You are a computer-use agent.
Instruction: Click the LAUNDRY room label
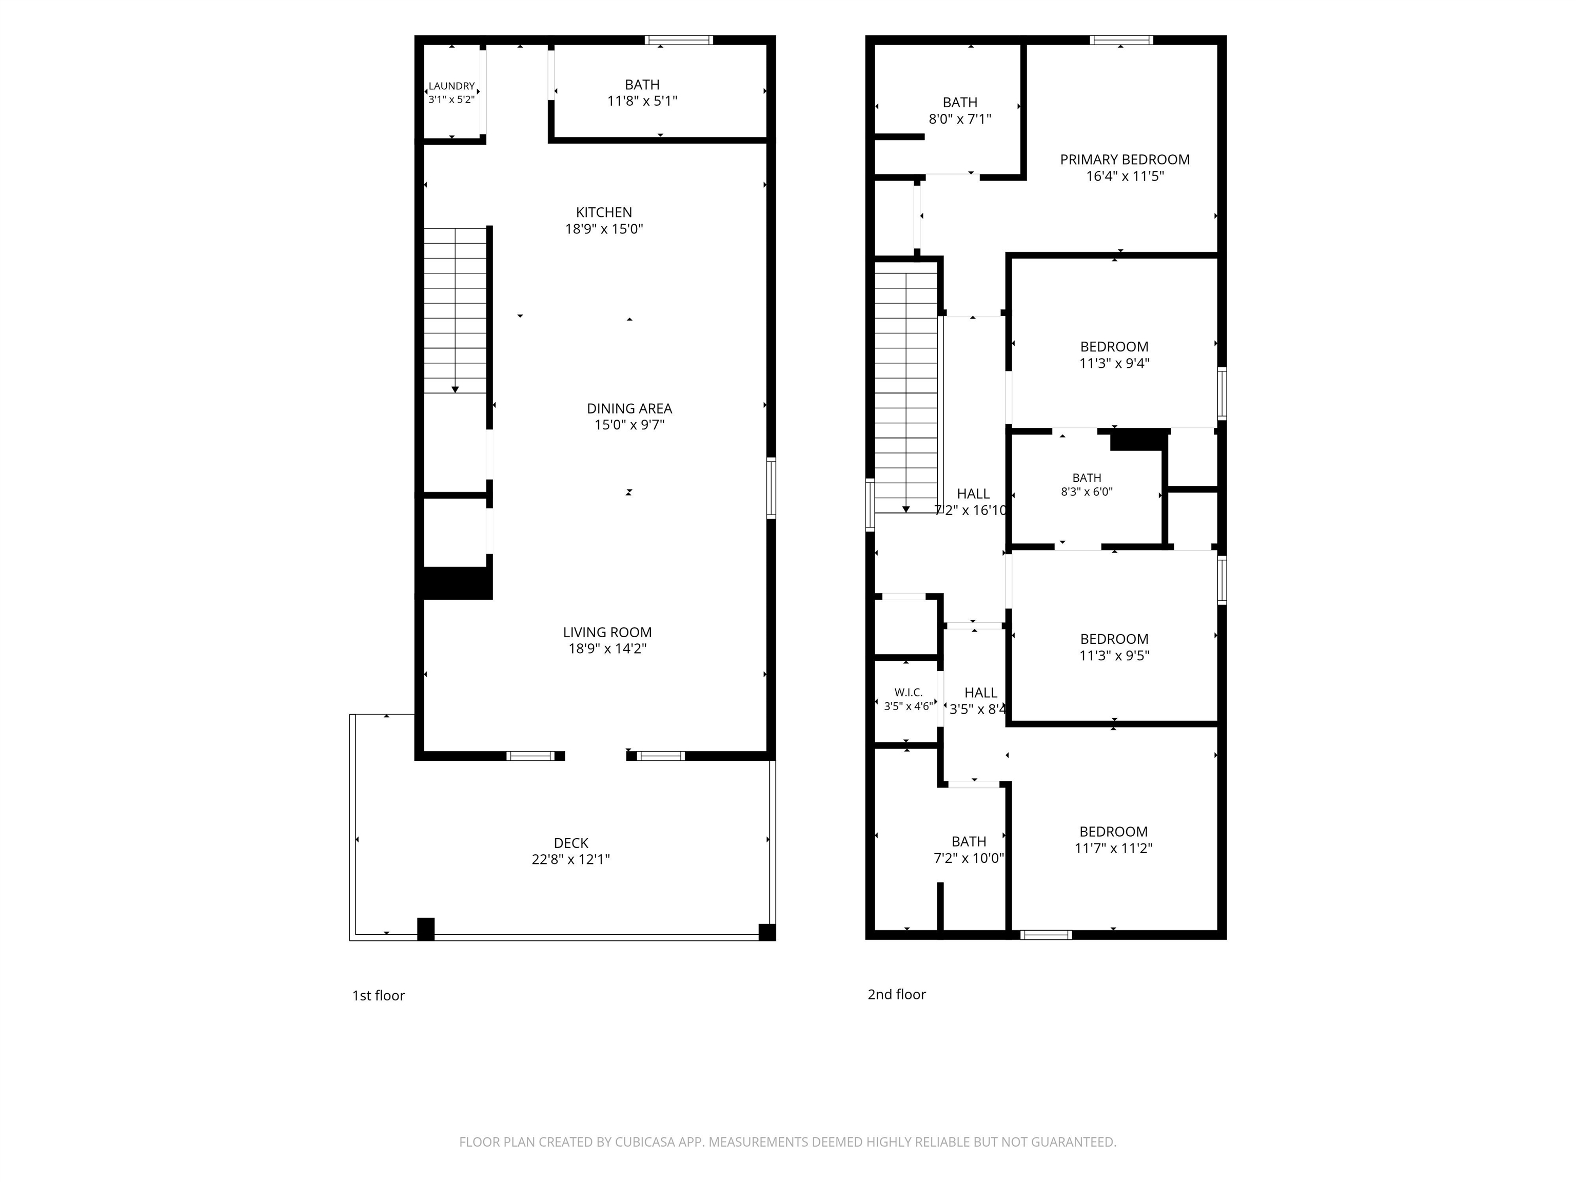tap(451, 86)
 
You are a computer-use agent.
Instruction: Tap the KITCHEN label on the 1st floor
tap(604, 212)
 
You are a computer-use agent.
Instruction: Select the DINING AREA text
tap(630, 408)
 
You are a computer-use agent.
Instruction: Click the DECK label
tap(572, 843)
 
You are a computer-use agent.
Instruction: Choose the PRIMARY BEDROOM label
tap(1125, 160)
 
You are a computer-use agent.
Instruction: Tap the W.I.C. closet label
tap(909, 693)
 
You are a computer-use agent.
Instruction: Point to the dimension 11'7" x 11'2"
tap(1114, 848)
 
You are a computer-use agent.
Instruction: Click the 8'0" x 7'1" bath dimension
tap(960, 119)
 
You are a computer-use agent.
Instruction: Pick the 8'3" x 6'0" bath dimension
tap(1087, 491)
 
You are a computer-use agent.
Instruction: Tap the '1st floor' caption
tap(378, 995)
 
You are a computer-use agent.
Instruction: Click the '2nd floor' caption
tap(897, 994)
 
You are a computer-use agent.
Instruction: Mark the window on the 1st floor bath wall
tap(679, 40)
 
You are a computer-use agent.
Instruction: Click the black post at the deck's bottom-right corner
tap(767, 932)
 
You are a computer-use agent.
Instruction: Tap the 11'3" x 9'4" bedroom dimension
tap(1114, 363)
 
